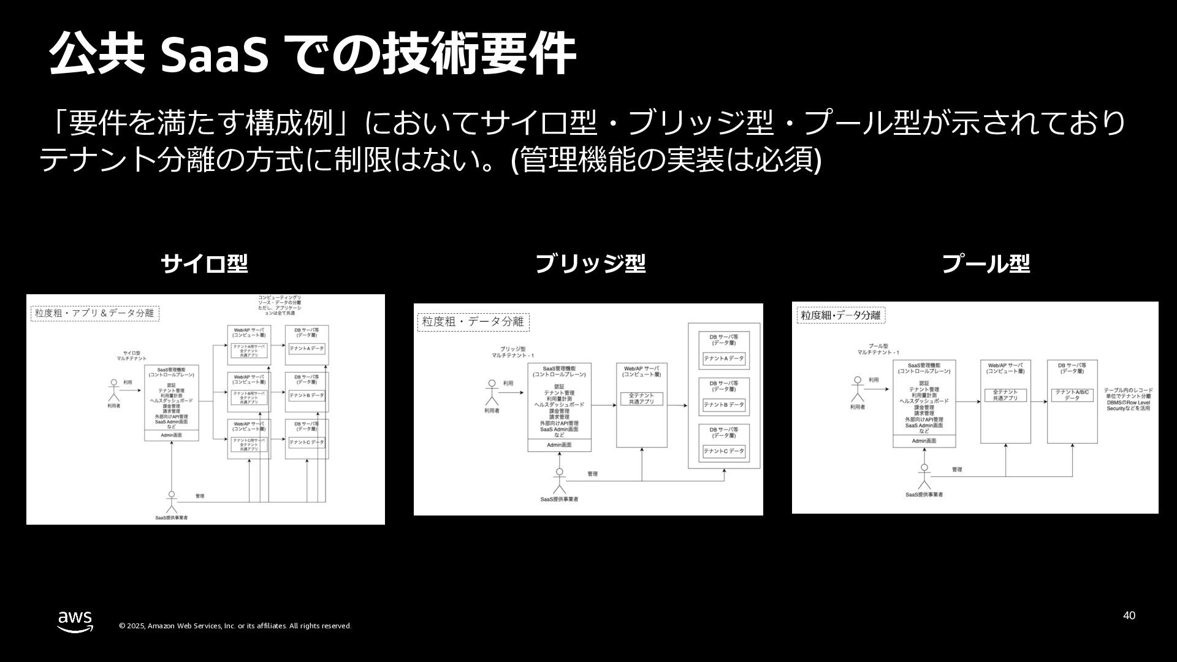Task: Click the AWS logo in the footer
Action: (75, 621)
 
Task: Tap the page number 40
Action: (1129, 615)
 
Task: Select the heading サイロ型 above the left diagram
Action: (204, 264)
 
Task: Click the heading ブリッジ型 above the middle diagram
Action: (590, 264)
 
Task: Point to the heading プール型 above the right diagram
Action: (985, 264)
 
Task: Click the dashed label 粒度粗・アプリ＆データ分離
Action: (95, 313)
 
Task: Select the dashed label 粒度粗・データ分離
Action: (473, 322)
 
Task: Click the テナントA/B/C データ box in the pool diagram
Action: (1072, 395)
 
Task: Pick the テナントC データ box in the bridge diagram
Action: (723, 451)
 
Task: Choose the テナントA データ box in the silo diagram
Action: (307, 348)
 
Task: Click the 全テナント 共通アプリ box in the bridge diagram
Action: (641, 398)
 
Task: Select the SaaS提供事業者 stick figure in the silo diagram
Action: (172, 501)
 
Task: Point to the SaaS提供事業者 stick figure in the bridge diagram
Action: (558, 481)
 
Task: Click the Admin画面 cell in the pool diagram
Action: (924, 441)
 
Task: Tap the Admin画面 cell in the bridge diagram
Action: (559, 445)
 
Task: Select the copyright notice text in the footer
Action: (235, 626)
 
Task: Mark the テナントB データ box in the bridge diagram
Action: (723, 405)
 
